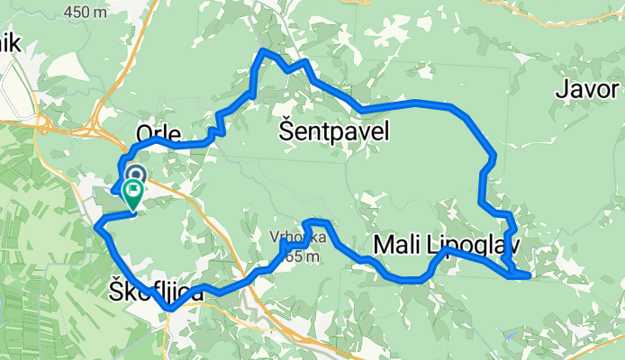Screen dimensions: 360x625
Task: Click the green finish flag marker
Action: coord(133,192)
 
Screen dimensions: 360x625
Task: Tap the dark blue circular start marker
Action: coord(136,174)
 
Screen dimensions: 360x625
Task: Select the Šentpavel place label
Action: coord(334,132)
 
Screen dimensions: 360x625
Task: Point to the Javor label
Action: coord(587,90)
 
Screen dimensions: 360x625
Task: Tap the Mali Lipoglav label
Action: coord(445,244)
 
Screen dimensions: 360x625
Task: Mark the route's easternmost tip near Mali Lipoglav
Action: coord(529,274)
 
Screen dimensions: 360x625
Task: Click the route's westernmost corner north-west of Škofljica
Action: coord(96,225)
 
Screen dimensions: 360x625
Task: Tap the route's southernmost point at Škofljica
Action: coord(168,310)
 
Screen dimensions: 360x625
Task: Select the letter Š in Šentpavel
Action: coord(286,131)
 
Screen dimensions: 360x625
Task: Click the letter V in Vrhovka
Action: coord(273,238)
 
